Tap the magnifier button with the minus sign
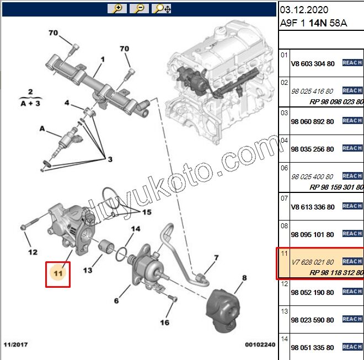coord(140,8)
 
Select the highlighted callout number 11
coord(58,272)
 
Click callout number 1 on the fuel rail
coord(103,60)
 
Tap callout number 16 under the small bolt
coord(165,323)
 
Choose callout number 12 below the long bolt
coord(33,252)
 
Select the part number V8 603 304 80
coord(312,64)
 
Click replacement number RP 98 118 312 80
coord(336,273)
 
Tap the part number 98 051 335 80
coord(312,348)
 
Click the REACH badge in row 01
coord(352,63)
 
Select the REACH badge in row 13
coord(352,319)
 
